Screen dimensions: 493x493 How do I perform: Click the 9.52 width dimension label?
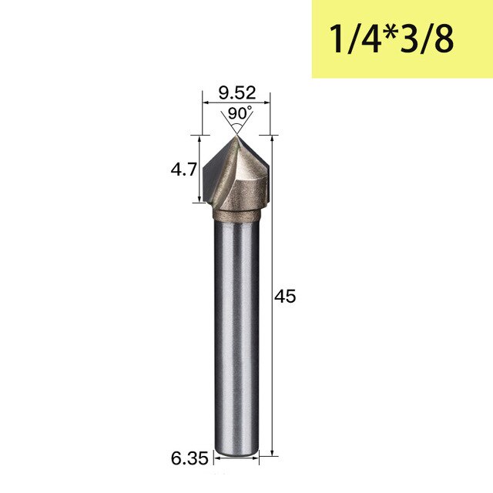click(237, 92)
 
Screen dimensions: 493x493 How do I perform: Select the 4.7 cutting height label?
click(183, 169)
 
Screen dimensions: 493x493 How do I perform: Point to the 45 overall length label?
click(285, 296)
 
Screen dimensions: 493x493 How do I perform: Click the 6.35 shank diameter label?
click(189, 458)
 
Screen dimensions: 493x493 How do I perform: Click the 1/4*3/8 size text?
click(391, 39)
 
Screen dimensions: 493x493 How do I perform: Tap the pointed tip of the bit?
click(236, 136)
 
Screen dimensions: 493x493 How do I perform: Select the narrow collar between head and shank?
click(237, 216)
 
